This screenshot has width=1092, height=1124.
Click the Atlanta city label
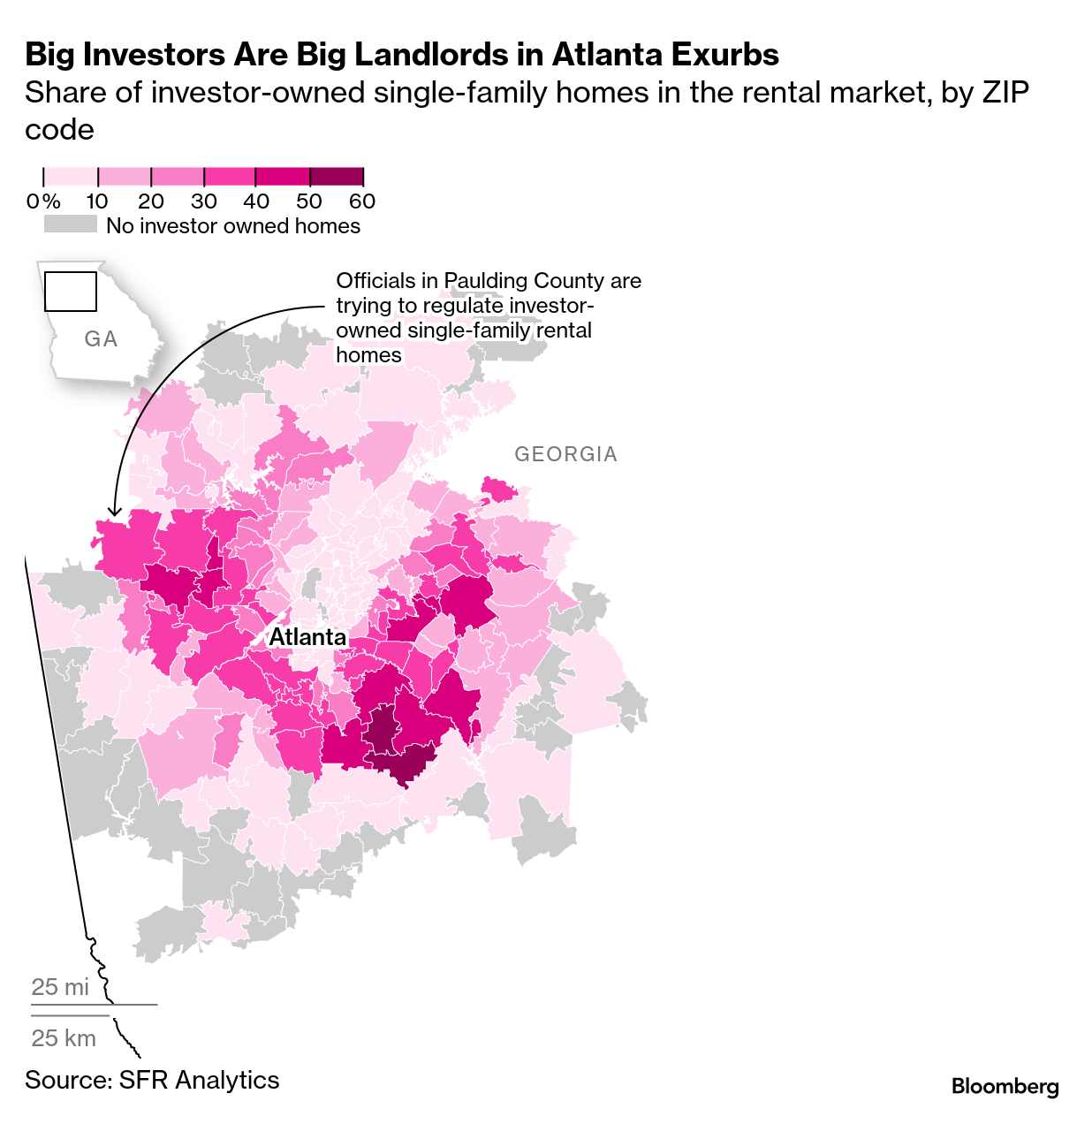pos(307,637)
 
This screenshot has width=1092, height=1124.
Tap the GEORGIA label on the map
pos(565,454)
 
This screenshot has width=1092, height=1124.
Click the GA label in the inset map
pos(101,339)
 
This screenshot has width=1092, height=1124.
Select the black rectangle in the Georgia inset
pos(71,292)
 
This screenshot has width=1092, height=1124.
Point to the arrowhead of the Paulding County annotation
pos(113,512)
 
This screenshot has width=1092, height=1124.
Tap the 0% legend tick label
pos(43,201)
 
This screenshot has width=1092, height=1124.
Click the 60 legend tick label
pos(362,201)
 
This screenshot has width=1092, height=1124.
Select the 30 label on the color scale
pos(204,201)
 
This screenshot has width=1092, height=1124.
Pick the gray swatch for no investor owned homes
pos(71,224)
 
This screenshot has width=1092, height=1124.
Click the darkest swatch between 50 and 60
pos(336,177)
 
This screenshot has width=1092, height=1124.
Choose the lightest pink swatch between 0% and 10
pos(71,177)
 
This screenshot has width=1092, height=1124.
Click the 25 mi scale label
pos(60,987)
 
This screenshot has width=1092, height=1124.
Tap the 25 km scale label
pos(64,1038)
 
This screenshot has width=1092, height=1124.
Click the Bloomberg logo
pos(1005,1086)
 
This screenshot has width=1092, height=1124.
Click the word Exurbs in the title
pos(724,55)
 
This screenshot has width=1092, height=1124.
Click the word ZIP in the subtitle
pos(1005,93)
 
